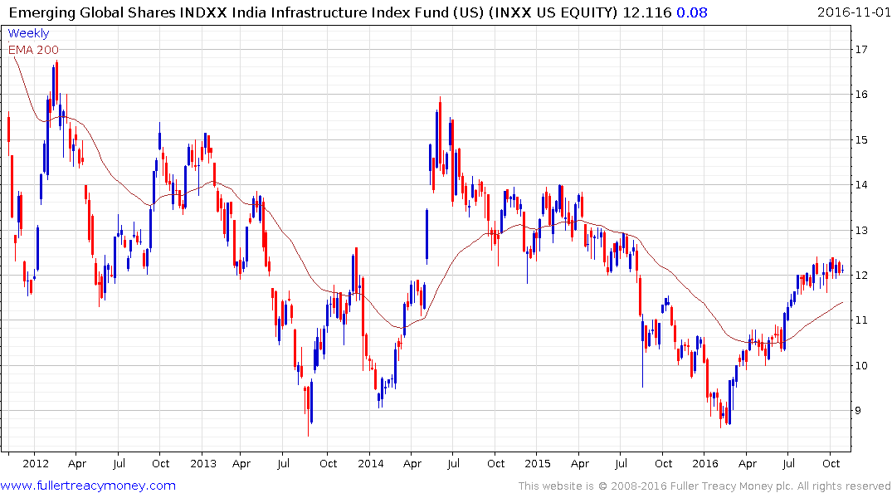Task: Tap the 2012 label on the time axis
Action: (x=35, y=463)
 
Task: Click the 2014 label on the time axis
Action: (x=370, y=463)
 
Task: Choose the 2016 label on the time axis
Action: (x=705, y=463)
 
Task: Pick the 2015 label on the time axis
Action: (x=538, y=463)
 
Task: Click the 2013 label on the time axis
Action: (x=202, y=463)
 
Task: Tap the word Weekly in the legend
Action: (x=28, y=33)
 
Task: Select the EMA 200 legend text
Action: (x=33, y=49)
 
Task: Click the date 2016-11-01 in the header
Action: (x=852, y=12)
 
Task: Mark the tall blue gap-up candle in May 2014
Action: (x=427, y=236)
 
